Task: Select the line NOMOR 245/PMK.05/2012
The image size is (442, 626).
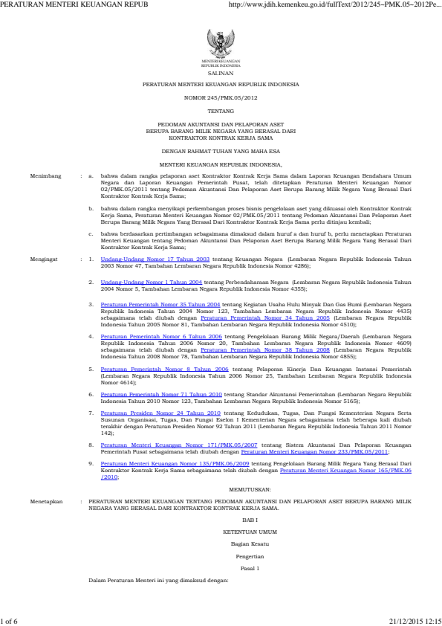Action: (221, 97)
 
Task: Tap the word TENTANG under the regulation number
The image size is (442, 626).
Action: (221, 109)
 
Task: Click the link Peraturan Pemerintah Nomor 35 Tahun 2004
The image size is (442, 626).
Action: (149, 305)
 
